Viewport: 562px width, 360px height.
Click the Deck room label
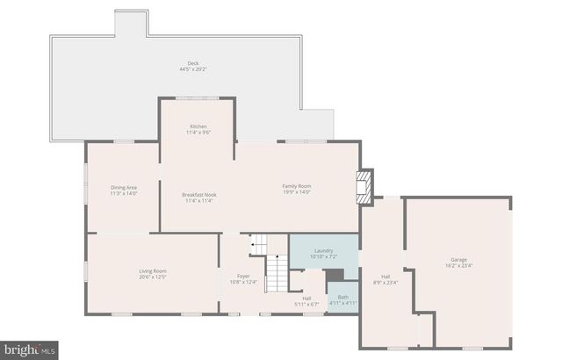point(192,63)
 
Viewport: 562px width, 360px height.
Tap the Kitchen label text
point(198,127)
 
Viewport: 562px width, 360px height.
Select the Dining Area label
point(123,186)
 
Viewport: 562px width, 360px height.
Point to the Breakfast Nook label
point(199,194)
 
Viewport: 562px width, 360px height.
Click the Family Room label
point(297,185)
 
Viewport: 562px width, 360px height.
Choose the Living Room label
point(153,270)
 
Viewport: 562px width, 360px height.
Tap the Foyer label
point(243,277)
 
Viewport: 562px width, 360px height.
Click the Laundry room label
point(323,250)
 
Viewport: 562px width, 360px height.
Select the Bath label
point(343,297)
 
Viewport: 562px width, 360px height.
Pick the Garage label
point(458,260)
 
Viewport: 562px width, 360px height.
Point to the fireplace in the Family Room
point(364,187)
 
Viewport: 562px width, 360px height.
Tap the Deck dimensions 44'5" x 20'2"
point(192,69)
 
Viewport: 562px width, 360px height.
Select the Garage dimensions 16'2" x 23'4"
point(458,266)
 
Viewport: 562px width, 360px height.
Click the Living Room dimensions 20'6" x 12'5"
point(153,277)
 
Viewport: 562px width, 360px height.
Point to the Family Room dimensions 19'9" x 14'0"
point(297,191)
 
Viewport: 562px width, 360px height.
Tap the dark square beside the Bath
point(335,276)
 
